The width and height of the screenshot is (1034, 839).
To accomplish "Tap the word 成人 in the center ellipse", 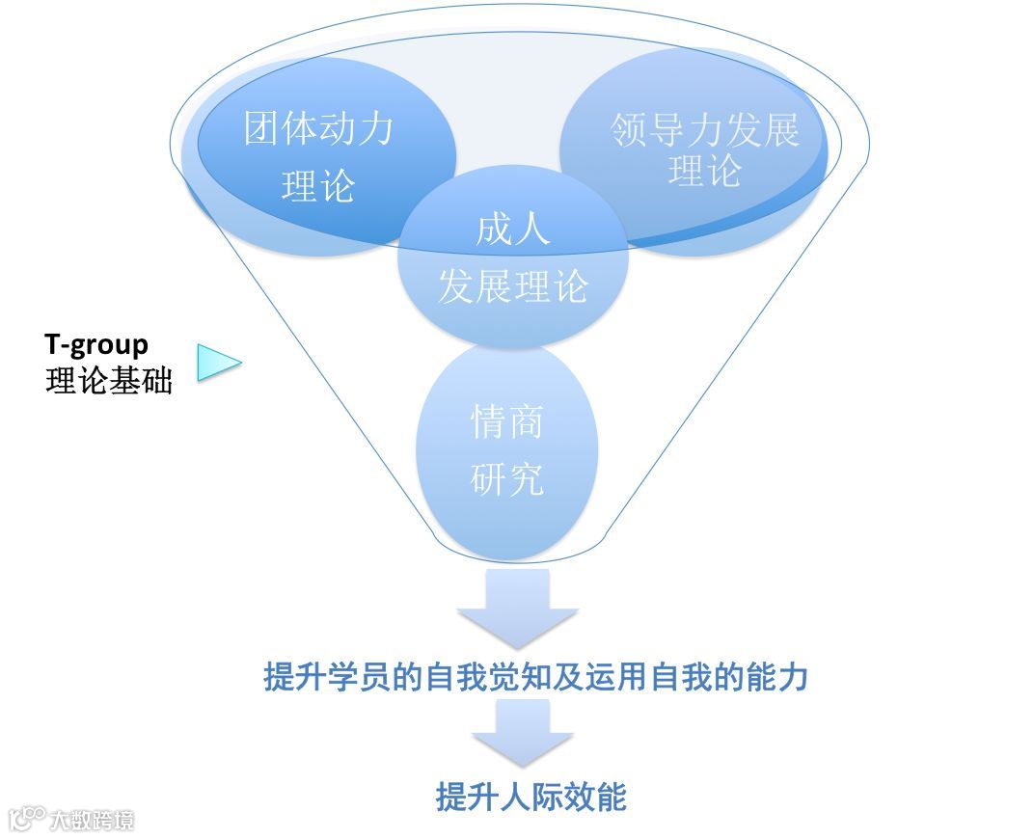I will (512, 230).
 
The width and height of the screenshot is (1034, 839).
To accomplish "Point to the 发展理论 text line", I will (512, 286).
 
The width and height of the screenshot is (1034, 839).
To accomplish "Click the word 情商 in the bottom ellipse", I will (507, 421).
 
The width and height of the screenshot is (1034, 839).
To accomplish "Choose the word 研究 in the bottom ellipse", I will (507, 478).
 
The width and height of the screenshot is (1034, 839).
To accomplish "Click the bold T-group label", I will (96, 345).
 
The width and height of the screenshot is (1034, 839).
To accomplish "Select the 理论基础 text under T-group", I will (108, 382).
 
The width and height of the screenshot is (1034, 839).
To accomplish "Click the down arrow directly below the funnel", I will (517, 608).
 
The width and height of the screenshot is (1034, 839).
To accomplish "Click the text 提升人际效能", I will (531, 798).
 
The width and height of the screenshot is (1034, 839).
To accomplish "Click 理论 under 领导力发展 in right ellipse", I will (705, 173).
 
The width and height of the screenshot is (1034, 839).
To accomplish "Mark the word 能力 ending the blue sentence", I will (779, 677).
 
